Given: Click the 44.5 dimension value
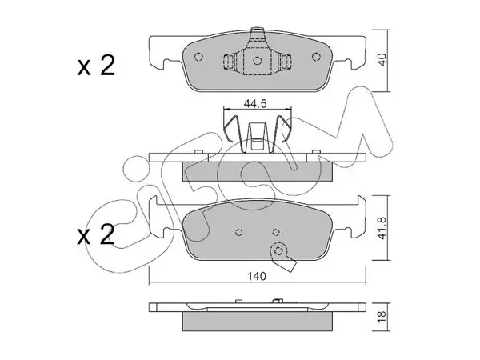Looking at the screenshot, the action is (x=255, y=104).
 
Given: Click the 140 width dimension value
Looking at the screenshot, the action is (x=257, y=277).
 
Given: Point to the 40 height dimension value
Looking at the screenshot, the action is (x=382, y=59).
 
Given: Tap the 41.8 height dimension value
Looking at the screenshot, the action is (x=382, y=228).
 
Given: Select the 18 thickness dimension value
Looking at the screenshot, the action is (x=382, y=317).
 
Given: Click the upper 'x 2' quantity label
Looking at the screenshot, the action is (x=96, y=66).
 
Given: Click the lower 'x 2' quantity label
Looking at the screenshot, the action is (x=96, y=234).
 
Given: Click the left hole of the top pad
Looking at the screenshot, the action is (x=198, y=57).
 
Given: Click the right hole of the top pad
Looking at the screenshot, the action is (x=316, y=56).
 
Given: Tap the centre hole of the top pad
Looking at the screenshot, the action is (x=257, y=60).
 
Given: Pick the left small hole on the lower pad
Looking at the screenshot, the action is (x=239, y=232).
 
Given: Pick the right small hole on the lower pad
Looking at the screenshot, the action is (x=276, y=232).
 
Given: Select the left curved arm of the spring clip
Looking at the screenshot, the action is (x=234, y=132).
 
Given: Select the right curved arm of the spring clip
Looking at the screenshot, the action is (x=281, y=132).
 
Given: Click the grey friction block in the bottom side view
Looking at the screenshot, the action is (x=257, y=321).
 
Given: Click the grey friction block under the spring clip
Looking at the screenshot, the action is (x=257, y=171).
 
